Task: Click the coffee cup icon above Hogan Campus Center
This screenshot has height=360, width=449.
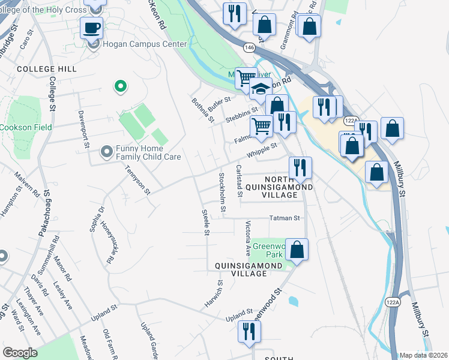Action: (91, 28)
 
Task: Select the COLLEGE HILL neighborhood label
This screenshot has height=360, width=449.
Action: (47, 69)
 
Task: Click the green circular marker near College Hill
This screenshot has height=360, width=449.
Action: (120, 87)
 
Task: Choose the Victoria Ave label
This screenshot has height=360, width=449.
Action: (248, 238)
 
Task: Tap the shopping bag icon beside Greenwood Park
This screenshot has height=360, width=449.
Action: (297, 248)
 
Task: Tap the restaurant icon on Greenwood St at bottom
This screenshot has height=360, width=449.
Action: (249, 331)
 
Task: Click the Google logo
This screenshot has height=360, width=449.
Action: (20, 353)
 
